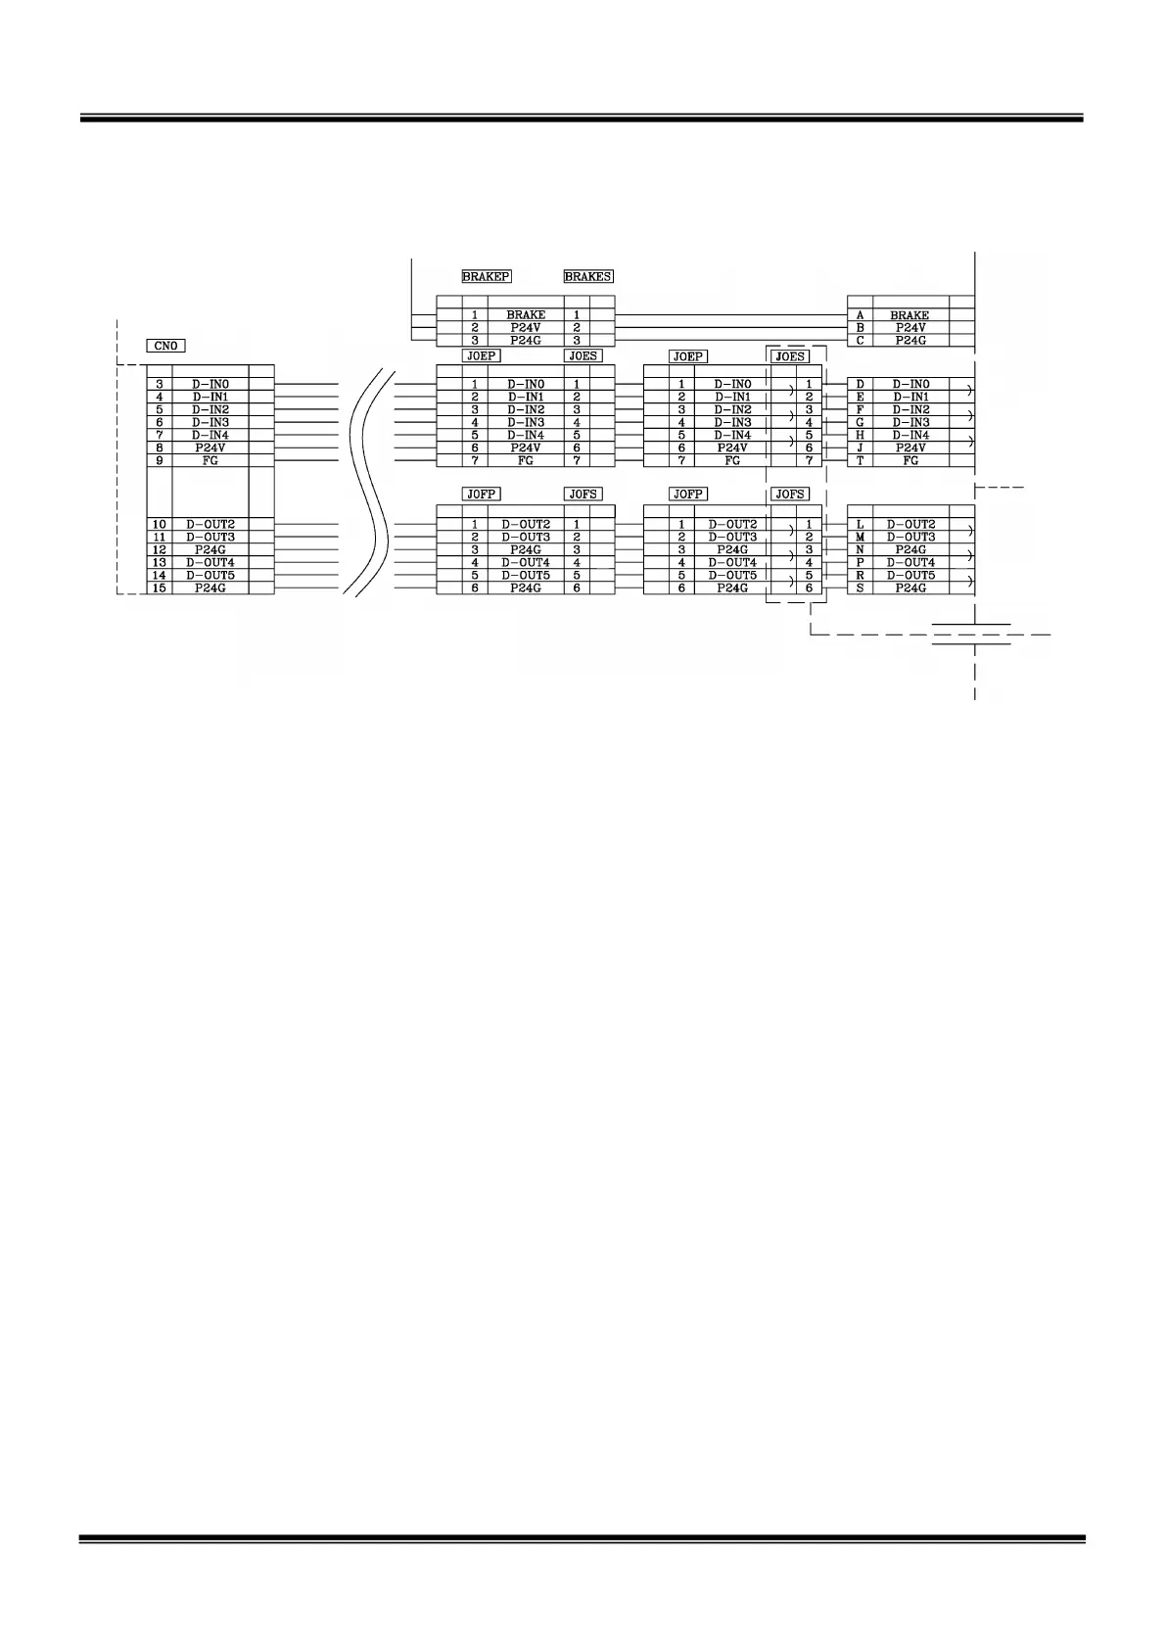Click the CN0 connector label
[165, 346]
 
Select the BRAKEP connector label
[486, 277]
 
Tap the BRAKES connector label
[587, 277]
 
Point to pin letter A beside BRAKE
[860, 315]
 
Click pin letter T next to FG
[860, 460]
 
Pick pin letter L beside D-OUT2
[860, 525]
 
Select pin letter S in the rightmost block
[860, 588]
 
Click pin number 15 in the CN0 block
[160, 588]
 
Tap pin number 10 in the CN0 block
[160, 525]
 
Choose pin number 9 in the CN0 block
[160, 460]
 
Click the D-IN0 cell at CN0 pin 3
[210, 384]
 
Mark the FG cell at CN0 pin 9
[210, 460]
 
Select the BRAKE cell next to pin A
[909, 315]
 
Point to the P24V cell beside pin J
[909, 448]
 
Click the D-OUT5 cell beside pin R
[910, 575]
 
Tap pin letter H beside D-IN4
[860, 435]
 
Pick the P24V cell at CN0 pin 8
[210, 448]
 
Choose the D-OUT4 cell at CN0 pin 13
[210, 562]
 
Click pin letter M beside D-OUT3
[860, 537]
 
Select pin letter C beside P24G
[860, 341]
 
